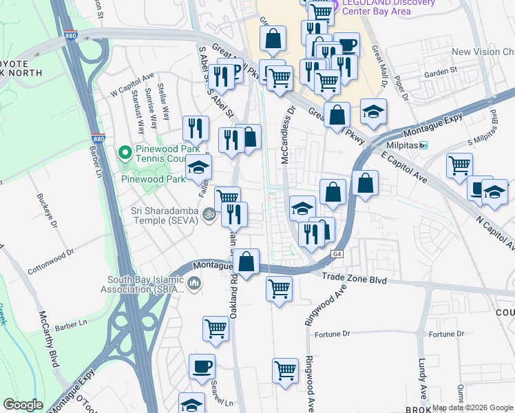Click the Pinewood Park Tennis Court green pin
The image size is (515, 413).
125,151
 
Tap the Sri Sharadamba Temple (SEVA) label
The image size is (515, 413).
160,216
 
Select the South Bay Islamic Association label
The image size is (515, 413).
146,284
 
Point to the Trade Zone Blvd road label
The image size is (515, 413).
355,280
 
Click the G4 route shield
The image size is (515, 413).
337,254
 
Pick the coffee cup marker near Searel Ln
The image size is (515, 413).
202,368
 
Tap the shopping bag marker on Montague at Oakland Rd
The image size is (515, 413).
246,262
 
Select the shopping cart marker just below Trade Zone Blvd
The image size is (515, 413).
279,288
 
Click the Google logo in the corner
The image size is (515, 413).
23,405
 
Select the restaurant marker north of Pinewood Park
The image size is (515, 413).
196,129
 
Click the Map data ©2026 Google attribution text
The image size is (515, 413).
472,407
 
